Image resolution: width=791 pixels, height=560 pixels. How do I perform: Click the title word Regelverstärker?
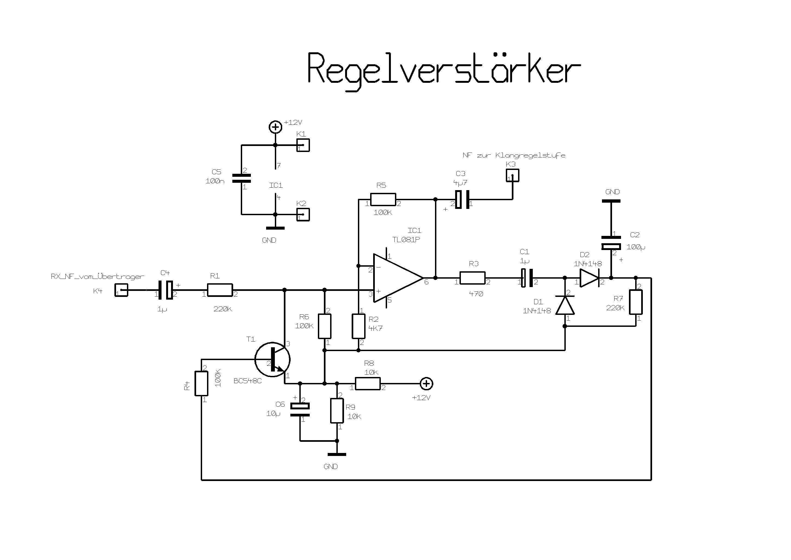[444, 69]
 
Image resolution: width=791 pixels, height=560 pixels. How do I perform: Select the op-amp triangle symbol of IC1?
[397, 278]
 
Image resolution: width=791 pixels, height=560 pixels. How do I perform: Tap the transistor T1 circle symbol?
[272, 359]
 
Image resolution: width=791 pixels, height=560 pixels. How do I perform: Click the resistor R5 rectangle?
[383, 200]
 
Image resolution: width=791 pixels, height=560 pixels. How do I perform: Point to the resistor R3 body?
[472, 278]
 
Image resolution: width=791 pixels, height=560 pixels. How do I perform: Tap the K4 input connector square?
[121, 290]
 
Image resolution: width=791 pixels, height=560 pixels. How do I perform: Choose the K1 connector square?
[303, 145]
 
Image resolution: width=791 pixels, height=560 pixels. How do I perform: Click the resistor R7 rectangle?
[635, 302]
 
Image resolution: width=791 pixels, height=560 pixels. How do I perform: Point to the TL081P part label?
[406, 240]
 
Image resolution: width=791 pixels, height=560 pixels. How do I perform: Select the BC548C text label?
[248, 381]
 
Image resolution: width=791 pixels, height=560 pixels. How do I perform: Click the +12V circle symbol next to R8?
[427, 384]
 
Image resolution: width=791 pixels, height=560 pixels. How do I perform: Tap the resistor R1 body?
[220, 290]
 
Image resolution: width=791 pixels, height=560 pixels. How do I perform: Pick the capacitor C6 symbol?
[300, 410]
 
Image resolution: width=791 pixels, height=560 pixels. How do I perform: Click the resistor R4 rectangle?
[201, 384]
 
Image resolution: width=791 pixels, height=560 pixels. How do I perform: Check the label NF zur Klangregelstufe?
[514, 155]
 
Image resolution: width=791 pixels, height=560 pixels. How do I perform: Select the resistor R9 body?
[337, 411]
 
